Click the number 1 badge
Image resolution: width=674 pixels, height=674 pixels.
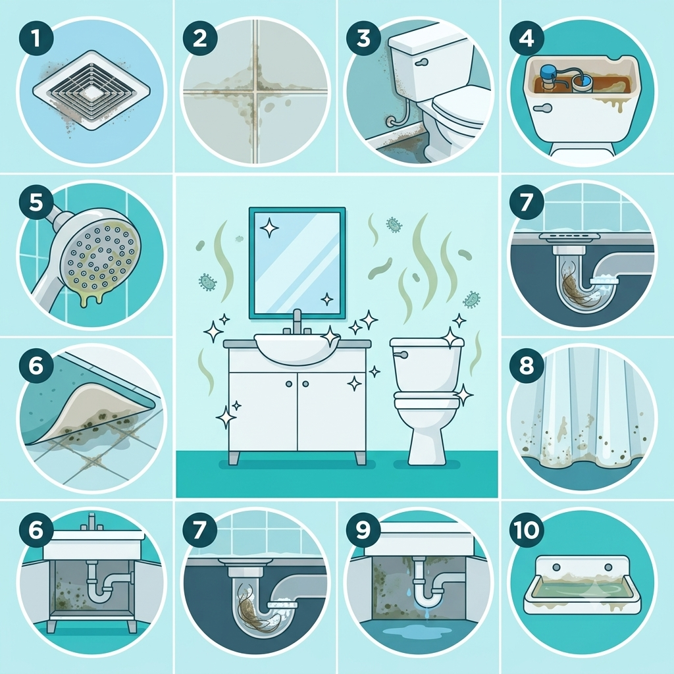point(36,39)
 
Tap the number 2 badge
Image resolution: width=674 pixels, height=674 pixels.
point(200,39)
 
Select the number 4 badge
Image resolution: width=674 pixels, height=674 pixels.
point(527,39)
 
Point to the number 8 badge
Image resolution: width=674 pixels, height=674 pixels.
point(527,366)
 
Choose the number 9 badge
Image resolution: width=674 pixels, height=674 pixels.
point(363,530)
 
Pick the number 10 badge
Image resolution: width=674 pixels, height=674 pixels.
point(527,530)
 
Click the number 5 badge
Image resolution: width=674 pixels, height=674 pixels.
point(36,202)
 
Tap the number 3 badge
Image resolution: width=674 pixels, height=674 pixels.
point(363,39)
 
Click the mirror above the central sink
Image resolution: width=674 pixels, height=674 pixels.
point(298,263)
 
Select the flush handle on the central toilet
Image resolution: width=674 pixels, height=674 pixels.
point(401,354)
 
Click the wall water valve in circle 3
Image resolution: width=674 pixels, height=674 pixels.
point(391,121)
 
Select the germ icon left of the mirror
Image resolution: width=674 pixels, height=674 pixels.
point(207,281)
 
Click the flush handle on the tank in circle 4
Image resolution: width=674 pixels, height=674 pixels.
point(542,108)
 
